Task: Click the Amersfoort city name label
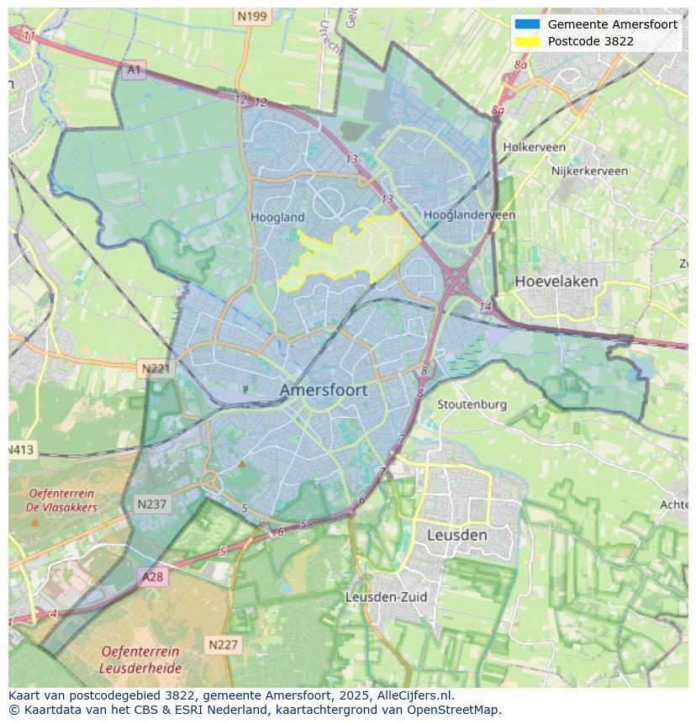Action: (x=323, y=390)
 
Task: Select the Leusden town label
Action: (x=456, y=535)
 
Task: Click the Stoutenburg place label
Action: (x=472, y=404)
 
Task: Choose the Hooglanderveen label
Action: (x=469, y=215)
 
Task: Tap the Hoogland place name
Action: (x=277, y=217)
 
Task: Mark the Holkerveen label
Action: (x=534, y=147)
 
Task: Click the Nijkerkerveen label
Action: (x=589, y=171)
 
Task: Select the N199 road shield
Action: (x=251, y=16)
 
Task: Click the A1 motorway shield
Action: (x=133, y=70)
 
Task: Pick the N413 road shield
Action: (x=22, y=450)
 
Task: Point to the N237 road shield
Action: (x=152, y=505)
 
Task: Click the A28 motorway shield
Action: (x=152, y=577)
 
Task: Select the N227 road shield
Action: (x=223, y=645)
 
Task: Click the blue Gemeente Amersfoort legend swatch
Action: (x=527, y=24)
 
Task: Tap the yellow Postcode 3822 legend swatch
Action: (x=527, y=41)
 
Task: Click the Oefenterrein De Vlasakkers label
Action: (x=62, y=500)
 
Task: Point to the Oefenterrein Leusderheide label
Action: (x=140, y=660)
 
